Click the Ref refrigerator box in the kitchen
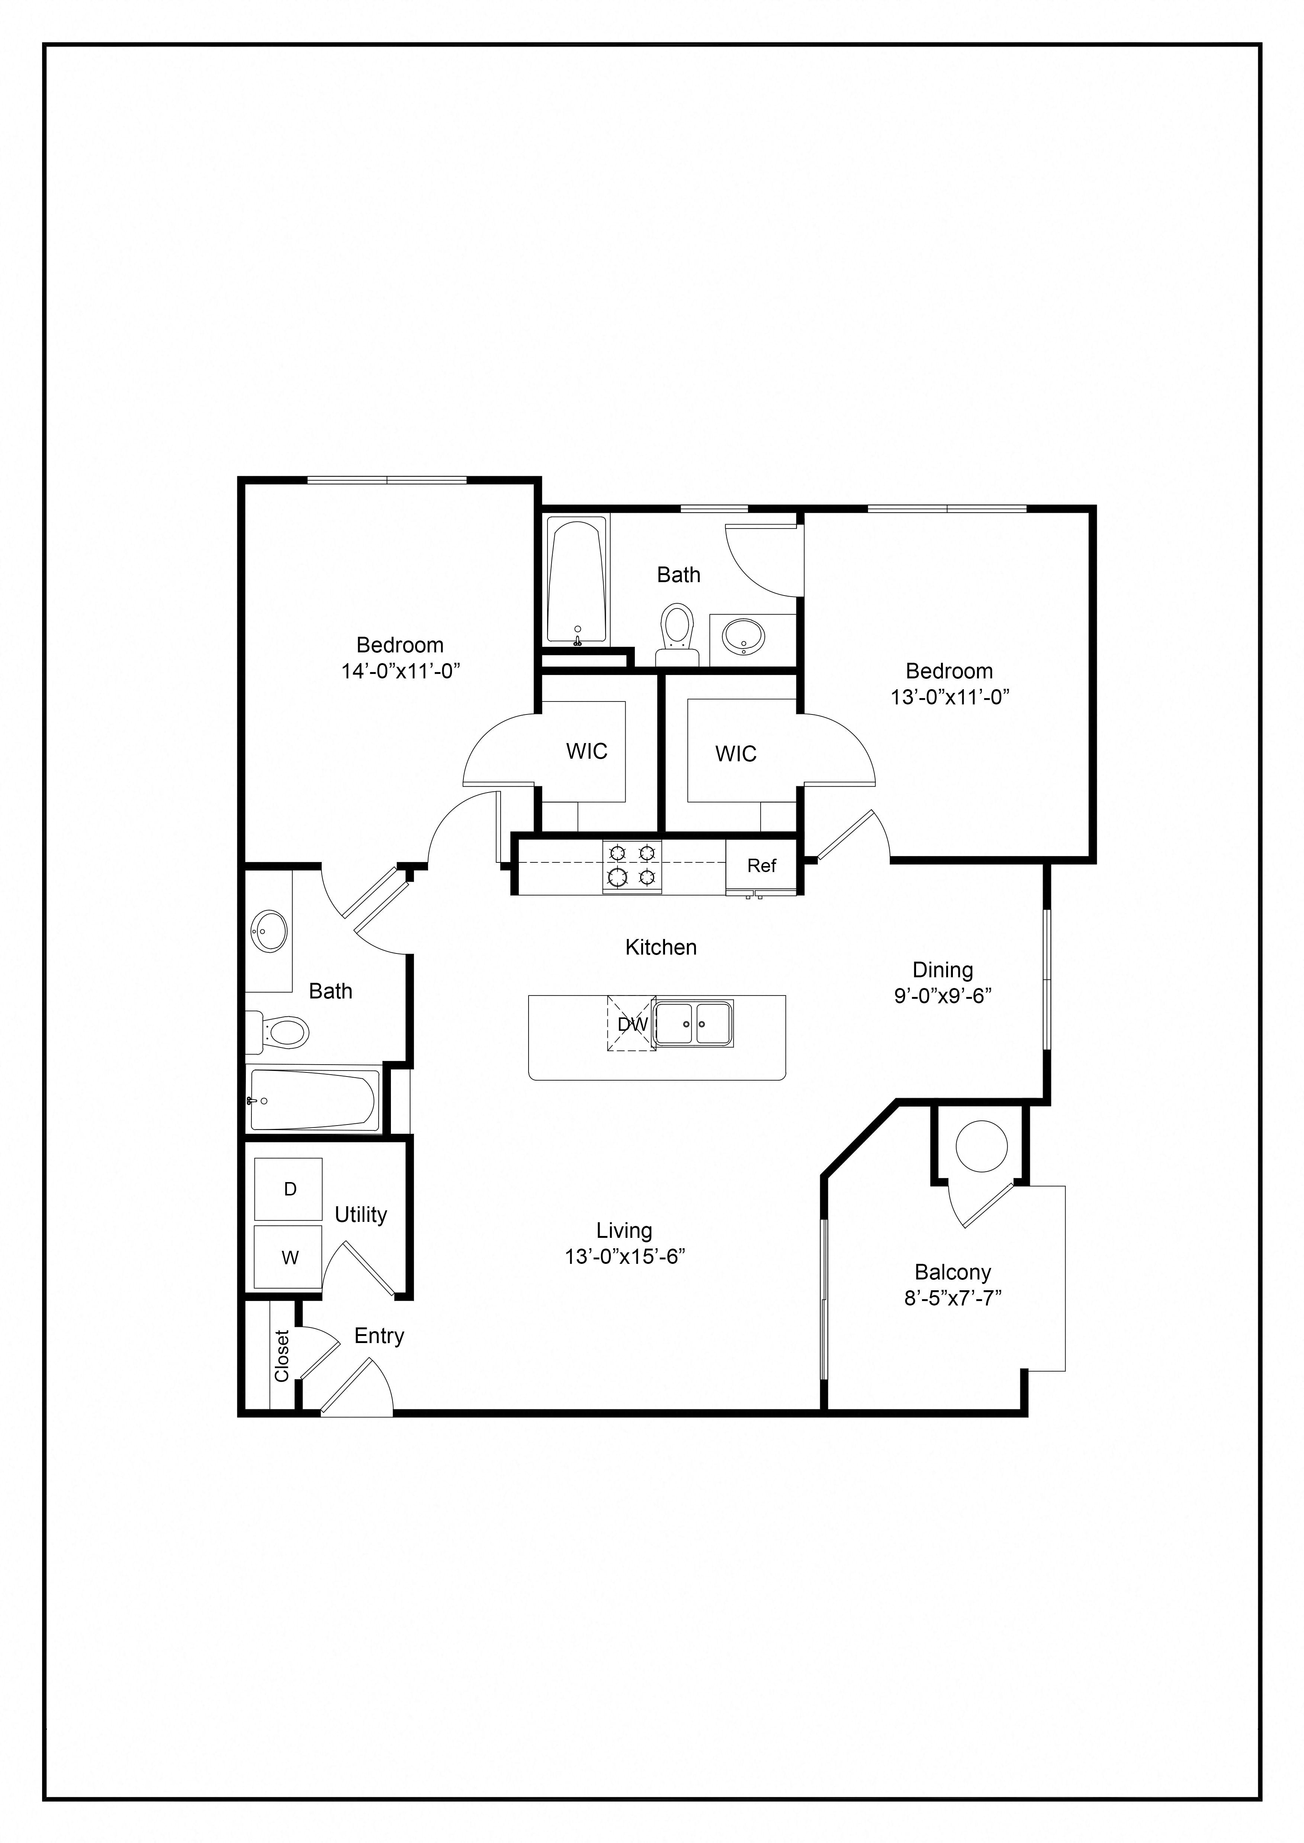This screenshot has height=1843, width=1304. (761, 865)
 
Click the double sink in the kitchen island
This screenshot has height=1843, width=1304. (692, 1023)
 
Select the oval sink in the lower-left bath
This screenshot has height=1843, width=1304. (269, 931)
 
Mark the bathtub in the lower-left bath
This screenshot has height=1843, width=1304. (313, 1100)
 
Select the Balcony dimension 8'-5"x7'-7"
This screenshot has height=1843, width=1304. (952, 1298)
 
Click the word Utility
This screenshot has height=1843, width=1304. (360, 1214)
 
